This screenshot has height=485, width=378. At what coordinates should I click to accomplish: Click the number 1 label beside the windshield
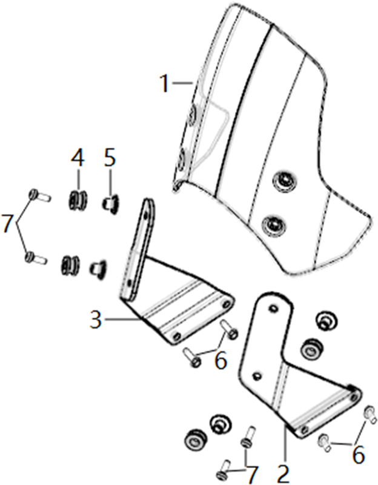[164, 83]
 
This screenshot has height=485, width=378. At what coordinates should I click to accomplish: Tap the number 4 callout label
[78, 159]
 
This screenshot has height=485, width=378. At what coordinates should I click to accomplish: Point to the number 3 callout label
[96, 319]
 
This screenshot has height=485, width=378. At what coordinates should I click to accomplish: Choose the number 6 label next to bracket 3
[220, 360]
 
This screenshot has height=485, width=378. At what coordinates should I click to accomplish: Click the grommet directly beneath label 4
[77, 201]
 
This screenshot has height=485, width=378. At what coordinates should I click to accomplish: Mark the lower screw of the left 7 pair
[36, 258]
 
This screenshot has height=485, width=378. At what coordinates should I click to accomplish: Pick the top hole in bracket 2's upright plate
[273, 308]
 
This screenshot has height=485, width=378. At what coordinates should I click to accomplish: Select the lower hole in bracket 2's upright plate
[256, 376]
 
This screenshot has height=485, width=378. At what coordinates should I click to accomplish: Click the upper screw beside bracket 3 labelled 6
[229, 329]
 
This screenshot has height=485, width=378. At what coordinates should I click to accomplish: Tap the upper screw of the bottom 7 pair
[250, 436]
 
